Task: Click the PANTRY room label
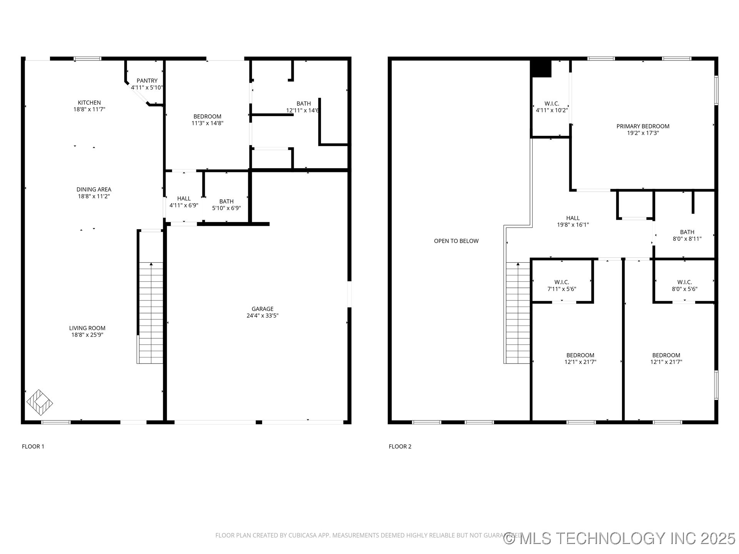tap(147, 81)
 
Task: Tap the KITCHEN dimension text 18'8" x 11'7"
tap(89, 109)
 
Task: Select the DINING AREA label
tap(94, 189)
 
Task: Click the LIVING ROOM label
tap(87, 328)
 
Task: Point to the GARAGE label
tap(262, 309)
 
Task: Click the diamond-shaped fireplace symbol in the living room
tap(40, 402)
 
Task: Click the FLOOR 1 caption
tap(33, 446)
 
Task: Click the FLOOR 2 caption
tap(400, 446)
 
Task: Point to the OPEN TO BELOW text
tap(456, 241)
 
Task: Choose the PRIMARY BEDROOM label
tap(643, 126)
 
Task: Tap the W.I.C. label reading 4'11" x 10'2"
tap(552, 107)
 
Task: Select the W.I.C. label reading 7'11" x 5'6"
tap(562, 285)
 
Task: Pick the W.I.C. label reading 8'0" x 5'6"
tap(684, 285)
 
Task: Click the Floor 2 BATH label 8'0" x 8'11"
tap(687, 235)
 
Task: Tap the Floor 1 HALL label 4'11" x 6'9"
tap(184, 202)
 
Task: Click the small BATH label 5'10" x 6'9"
tap(226, 205)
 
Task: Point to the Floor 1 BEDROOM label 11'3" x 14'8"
tap(207, 120)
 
